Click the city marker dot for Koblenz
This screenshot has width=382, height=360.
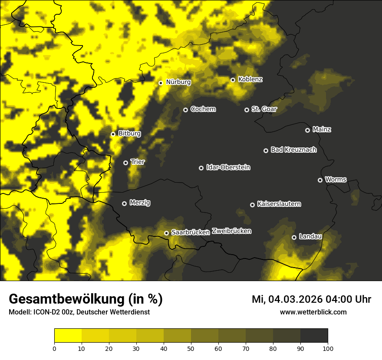click(233, 80)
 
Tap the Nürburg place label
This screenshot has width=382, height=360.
click(178, 82)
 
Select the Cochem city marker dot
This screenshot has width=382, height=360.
click(185, 110)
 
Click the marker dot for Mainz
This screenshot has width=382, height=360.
click(307, 130)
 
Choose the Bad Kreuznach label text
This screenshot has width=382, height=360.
click(293, 150)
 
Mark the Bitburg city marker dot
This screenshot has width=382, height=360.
click(113, 134)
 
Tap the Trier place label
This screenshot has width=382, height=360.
click(138, 162)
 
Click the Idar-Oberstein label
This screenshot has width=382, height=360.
click(228, 167)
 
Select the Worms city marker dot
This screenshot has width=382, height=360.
click(320, 180)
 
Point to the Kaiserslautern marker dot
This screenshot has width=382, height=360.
click(252, 205)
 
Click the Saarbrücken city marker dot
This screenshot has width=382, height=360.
click(166, 233)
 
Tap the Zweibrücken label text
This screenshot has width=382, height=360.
click(231, 231)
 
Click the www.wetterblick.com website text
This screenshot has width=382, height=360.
click(313, 312)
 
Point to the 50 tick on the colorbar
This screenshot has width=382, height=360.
click(191, 348)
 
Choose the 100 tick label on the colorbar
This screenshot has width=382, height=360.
click(328, 348)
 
